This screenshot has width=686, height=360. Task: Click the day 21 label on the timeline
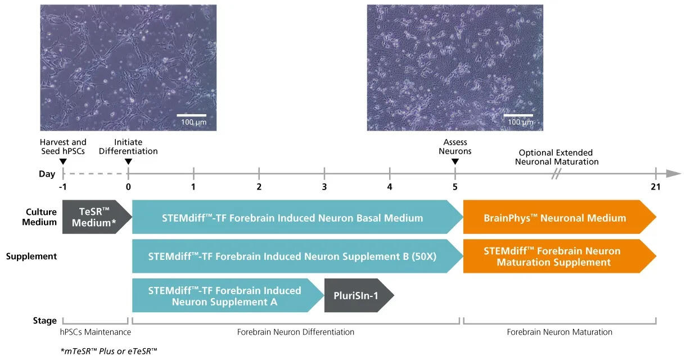[656, 187]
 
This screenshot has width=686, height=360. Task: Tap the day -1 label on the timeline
[63, 187]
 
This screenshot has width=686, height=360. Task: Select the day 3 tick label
[324, 187]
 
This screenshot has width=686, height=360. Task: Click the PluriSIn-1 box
[359, 295]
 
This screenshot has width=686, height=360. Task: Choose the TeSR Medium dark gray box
[97, 217]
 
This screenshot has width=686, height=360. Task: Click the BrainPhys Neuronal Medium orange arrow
[559, 217]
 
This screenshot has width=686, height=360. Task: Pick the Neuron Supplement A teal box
[228, 295]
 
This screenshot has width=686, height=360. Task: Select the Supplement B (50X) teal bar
[297, 256]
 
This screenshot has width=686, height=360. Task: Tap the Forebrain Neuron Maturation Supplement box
[559, 256]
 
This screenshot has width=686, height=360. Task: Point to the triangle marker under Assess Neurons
[455, 161]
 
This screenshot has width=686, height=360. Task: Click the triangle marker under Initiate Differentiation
[128, 161]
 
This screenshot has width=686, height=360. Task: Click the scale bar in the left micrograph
[191, 115]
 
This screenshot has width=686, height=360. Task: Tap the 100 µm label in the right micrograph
[520, 122]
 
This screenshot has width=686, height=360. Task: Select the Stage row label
[45, 321]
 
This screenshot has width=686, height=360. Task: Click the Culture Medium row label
[39, 217]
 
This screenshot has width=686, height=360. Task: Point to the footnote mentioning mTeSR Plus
[109, 351]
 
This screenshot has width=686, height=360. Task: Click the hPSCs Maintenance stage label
[95, 332]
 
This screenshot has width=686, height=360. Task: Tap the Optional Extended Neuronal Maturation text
[557, 157]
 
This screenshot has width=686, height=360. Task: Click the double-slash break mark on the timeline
[556, 174]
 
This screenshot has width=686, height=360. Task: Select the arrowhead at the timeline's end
[674, 173]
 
